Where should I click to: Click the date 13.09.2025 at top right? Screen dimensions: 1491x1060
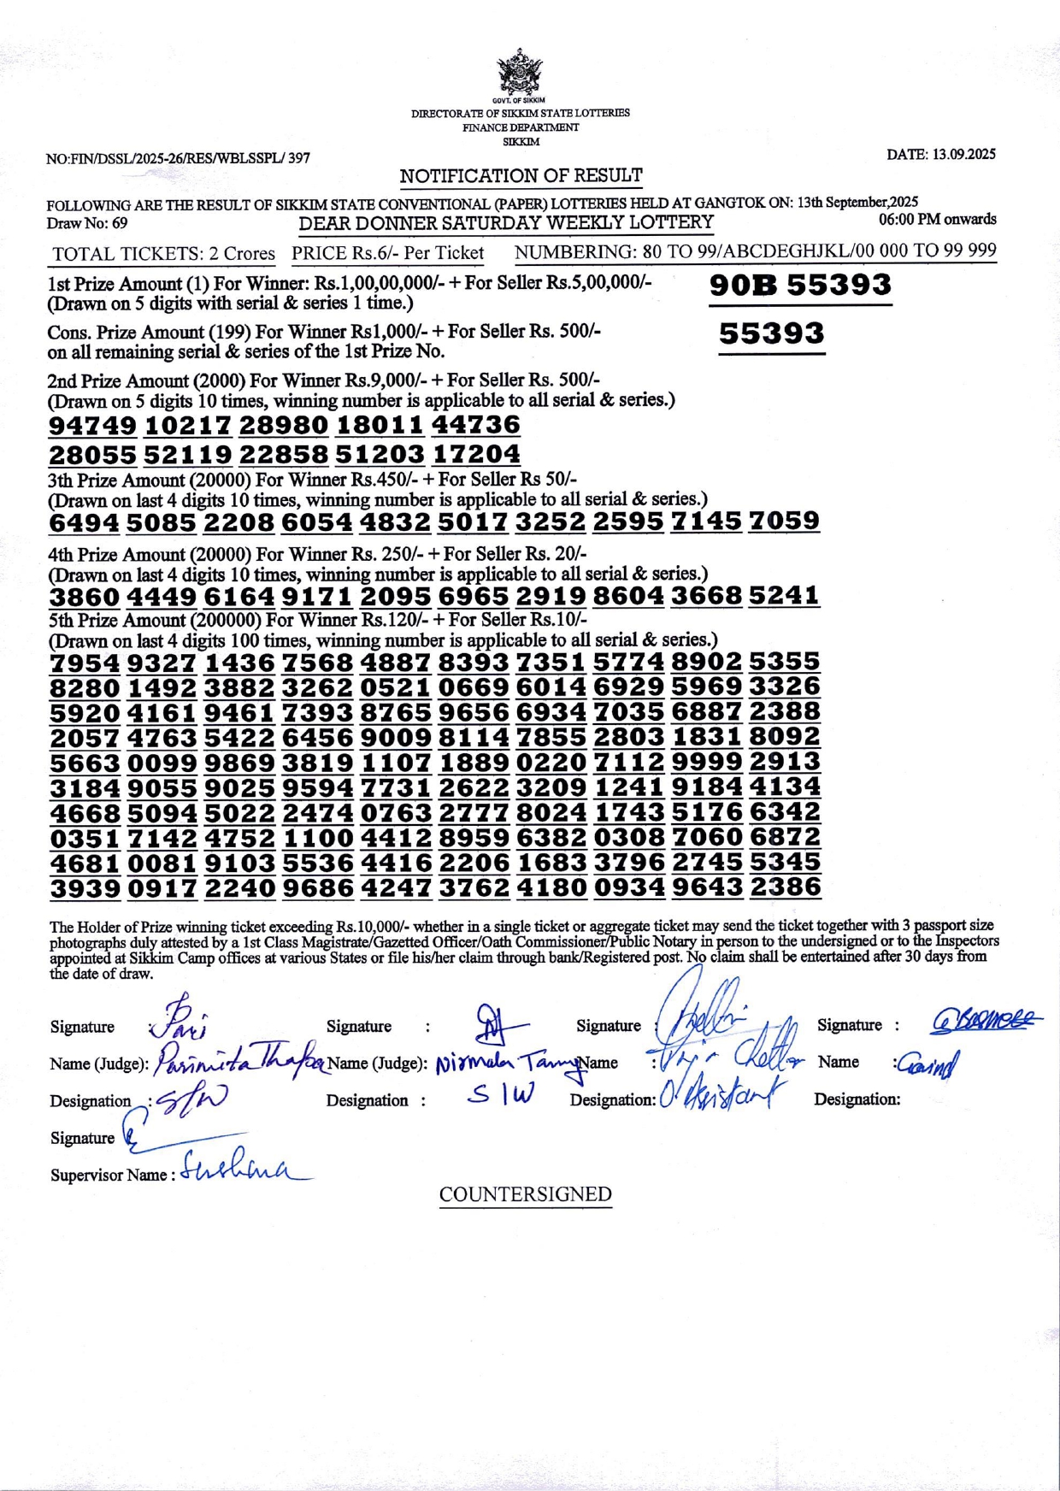(940, 155)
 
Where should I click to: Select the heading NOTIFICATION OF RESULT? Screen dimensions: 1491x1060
(521, 176)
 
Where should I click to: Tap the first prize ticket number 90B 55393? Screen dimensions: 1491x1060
(800, 285)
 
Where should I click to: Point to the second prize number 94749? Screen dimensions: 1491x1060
(92, 425)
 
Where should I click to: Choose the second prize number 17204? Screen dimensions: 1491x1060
(476, 454)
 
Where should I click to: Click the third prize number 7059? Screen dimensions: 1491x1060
(784, 521)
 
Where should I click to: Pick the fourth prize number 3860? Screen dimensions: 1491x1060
(85, 596)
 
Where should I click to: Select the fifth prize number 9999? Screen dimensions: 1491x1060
(707, 762)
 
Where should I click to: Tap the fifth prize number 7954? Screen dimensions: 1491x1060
(85, 663)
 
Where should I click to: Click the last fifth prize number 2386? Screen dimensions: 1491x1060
(785, 887)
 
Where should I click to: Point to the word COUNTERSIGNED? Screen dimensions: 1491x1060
(525, 1194)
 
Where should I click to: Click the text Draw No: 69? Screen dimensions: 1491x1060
(87, 223)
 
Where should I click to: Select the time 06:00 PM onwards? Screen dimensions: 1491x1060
(938, 220)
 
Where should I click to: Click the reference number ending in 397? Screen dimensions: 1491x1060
(178, 158)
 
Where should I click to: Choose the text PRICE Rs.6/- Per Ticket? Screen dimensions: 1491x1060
(387, 253)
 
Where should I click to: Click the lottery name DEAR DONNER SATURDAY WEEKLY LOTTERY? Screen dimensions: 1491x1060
(505, 223)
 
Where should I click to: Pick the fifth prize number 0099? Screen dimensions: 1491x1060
(162, 762)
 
